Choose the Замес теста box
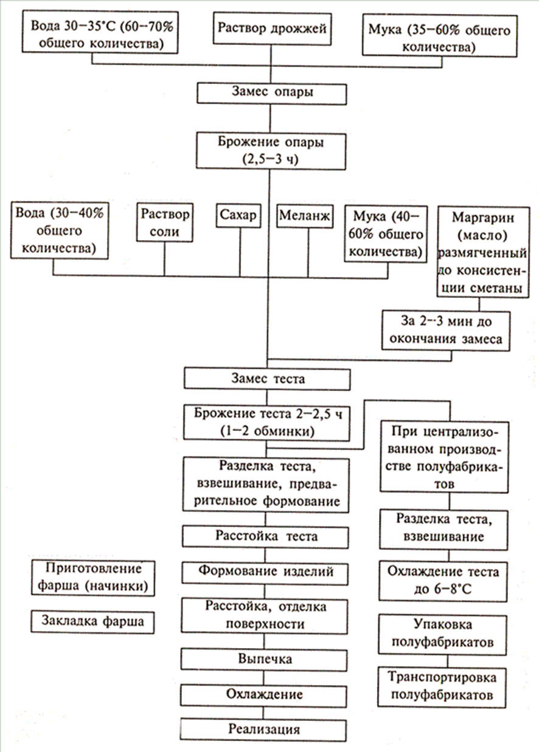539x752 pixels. [268, 379]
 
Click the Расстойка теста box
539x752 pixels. [266, 537]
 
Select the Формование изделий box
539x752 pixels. [266, 572]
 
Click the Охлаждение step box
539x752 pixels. [264, 694]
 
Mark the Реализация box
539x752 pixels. [264, 729]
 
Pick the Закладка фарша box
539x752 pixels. [92, 621]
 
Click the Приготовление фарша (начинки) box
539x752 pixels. [92, 578]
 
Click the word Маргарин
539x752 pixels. [484, 218]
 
